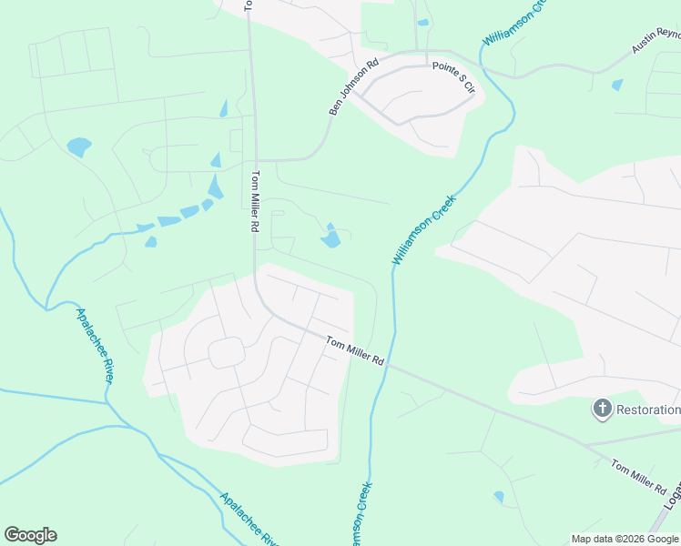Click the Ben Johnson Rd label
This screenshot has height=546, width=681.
click(353, 87)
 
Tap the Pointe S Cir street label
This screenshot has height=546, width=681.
click(454, 77)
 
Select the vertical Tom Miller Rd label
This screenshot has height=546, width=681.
click(256, 201)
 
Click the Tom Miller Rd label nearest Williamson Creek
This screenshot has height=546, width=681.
click(356, 350)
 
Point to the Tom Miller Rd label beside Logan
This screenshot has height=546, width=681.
click(638, 478)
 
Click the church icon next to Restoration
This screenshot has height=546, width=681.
click(602, 409)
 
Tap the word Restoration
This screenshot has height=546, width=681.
click(649, 409)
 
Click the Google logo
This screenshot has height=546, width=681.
click(30, 535)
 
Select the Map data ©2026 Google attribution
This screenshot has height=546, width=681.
click(625, 539)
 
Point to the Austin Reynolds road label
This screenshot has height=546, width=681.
click(656, 41)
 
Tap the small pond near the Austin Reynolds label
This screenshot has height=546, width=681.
click(618, 85)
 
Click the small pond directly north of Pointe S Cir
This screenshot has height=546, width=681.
click(422, 23)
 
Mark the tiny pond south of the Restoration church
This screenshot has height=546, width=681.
click(498, 497)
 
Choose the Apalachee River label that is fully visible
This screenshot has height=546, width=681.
click(94, 345)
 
